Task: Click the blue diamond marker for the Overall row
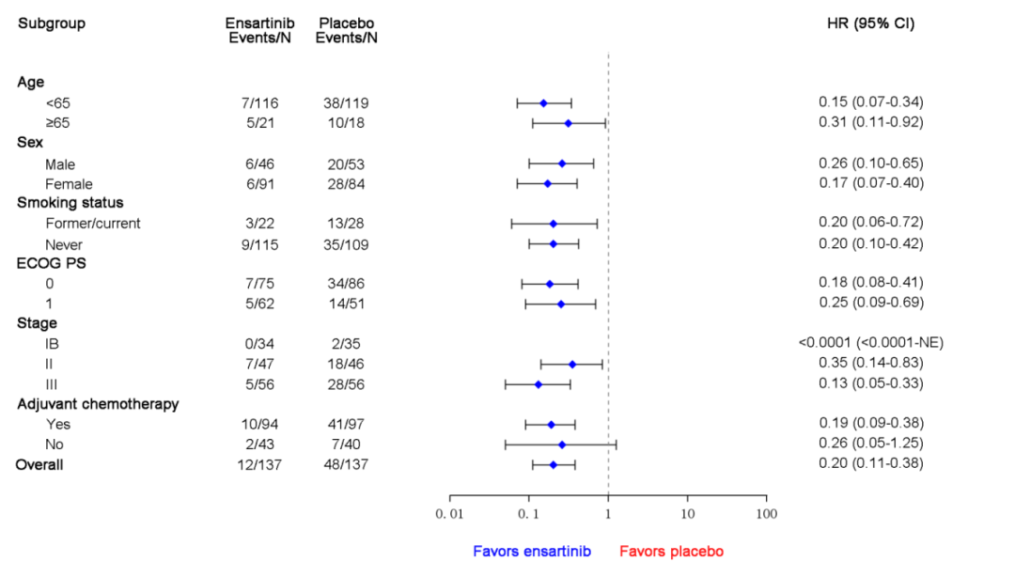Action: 554,465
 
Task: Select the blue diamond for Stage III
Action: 539,384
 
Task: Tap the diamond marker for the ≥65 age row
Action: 568,123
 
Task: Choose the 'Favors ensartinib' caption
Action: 532,552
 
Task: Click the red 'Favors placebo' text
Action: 672,552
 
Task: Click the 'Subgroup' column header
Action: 52,23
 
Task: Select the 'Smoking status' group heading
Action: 70,203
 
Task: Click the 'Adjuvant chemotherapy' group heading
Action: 98,404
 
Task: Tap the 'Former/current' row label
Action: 93,224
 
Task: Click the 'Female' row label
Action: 69,184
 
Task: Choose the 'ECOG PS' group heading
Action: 52,264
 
